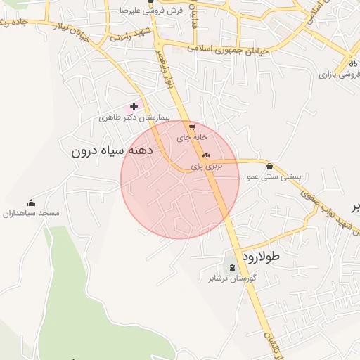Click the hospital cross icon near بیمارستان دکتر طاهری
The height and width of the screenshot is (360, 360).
click(x=134, y=106)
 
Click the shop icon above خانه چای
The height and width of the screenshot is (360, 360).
click(x=191, y=127)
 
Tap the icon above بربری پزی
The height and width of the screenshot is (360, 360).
click(x=206, y=155)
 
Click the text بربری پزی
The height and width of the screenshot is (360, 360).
click(x=207, y=167)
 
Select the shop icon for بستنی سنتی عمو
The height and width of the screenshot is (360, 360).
click(x=271, y=166)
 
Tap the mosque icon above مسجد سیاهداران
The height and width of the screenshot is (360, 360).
click(x=31, y=202)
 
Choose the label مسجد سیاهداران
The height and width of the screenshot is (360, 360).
click(x=31, y=213)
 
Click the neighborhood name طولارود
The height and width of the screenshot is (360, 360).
click(x=261, y=257)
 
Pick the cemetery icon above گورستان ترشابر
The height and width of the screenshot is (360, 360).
click(x=233, y=267)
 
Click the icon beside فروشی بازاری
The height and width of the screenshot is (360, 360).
click(x=353, y=63)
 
